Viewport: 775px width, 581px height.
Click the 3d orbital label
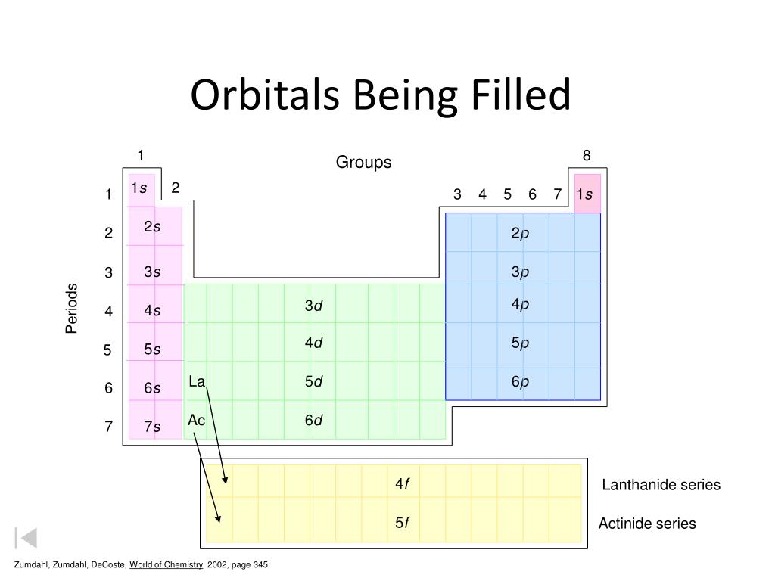[x=313, y=305]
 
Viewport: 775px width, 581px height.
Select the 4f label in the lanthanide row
[x=402, y=483]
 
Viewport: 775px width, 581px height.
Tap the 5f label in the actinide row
[x=402, y=523]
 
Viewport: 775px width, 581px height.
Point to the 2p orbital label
[x=519, y=233]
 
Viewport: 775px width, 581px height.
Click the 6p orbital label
[x=519, y=381]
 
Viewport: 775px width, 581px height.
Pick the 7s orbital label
[x=152, y=427]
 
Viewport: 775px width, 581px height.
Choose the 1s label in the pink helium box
[x=584, y=194]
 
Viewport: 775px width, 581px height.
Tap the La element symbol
[x=197, y=381]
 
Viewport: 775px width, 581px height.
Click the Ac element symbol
[x=197, y=420]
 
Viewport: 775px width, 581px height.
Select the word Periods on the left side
[x=72, y=308]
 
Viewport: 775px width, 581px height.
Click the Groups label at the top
[x=364, y=163]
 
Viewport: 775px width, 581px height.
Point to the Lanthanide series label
[x=661, y=485]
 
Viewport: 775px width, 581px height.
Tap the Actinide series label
[x=647, y=524]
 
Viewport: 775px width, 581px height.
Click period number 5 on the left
[x=107, y=350]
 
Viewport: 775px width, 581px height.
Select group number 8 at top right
[x=587, y=156]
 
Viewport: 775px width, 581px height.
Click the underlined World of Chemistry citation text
[x=166, y=565]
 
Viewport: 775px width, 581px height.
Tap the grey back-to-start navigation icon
[x=26, y=538]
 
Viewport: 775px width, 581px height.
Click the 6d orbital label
[x=313, y=421]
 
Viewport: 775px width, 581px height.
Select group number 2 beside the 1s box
[x=176, y=188]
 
